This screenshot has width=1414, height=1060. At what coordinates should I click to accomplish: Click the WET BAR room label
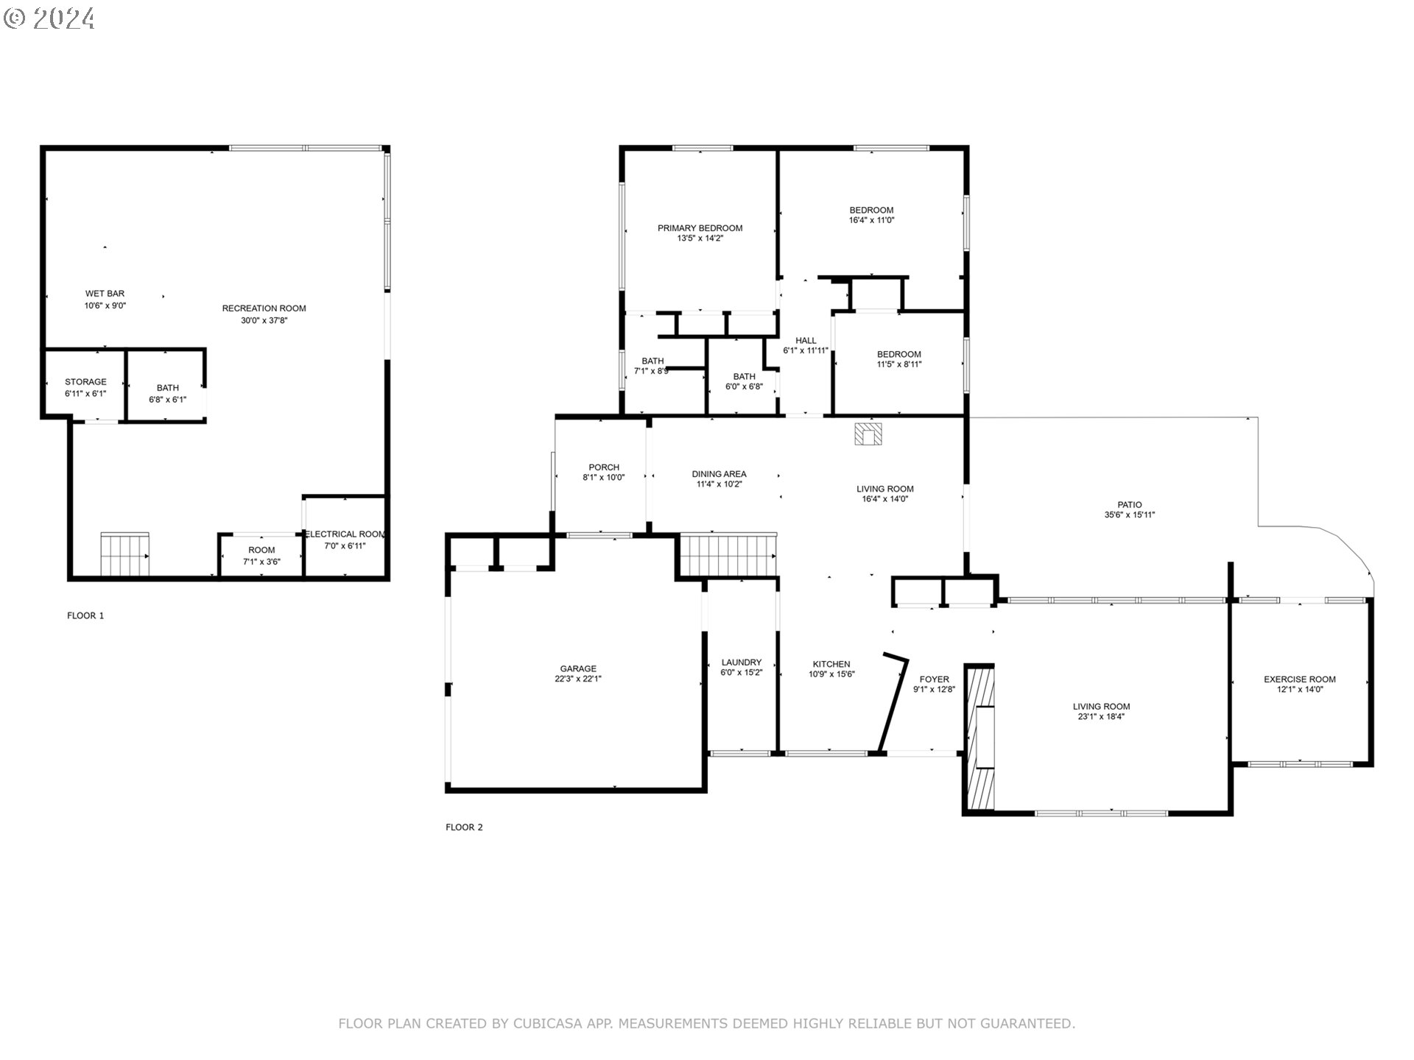coord(105,294)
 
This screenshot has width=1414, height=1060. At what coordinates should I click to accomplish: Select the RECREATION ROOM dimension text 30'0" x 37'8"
coord(264,320)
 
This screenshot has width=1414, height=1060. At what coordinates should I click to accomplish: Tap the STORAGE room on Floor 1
coord(85,386)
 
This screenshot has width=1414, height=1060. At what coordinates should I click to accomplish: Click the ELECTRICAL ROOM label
coord(345,534)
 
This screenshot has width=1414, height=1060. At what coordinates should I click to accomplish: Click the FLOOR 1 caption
coord(85,615)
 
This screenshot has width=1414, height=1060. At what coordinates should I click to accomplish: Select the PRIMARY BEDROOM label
coord(700,228)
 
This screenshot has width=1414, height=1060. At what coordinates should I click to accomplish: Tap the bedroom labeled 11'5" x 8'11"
coord(898,359)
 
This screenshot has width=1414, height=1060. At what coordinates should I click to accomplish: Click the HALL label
coord(806,341)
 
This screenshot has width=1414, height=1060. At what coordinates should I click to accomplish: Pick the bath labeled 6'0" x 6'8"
coord(744,381)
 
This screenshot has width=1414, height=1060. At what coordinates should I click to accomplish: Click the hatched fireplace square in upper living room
coord(868,434)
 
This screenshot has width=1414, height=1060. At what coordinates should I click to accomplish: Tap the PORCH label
coord(604,467)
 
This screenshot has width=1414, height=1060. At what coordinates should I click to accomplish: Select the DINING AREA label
coord(719,474)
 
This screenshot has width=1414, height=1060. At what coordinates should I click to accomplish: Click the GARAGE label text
coord(578,669)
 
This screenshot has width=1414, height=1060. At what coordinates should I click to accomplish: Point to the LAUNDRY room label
coord(741,662)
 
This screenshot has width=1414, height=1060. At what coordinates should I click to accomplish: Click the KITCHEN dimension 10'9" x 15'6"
coord(831,674)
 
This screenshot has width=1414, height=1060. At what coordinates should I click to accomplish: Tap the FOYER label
coord(934,679)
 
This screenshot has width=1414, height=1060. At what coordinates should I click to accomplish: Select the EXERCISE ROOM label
coord(1299,679)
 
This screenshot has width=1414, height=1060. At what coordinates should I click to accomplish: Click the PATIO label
coord(1129,505)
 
